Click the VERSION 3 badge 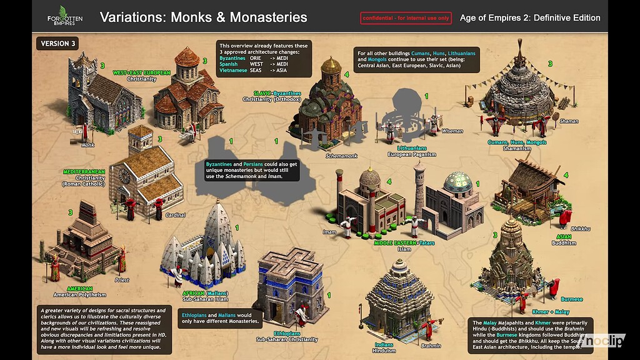59,43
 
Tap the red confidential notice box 406,18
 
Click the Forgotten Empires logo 61,15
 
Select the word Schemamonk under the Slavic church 341,156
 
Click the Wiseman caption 452,131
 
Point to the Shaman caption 569,121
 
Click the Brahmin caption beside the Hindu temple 431,346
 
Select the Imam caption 329,232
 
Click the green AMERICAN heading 79,289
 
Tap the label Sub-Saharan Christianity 287,339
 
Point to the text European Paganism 411,154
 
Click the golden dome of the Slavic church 331,65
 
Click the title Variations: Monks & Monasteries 203,17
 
